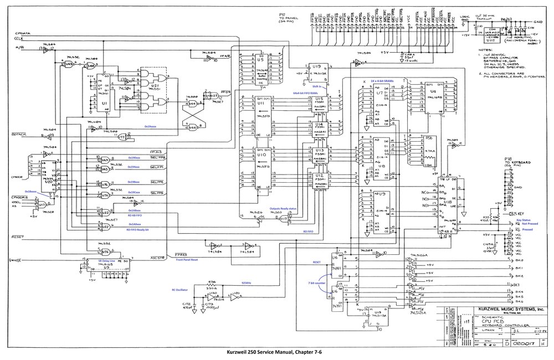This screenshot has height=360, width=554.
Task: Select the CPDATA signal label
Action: pyautogui.click(x=23, y=33)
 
